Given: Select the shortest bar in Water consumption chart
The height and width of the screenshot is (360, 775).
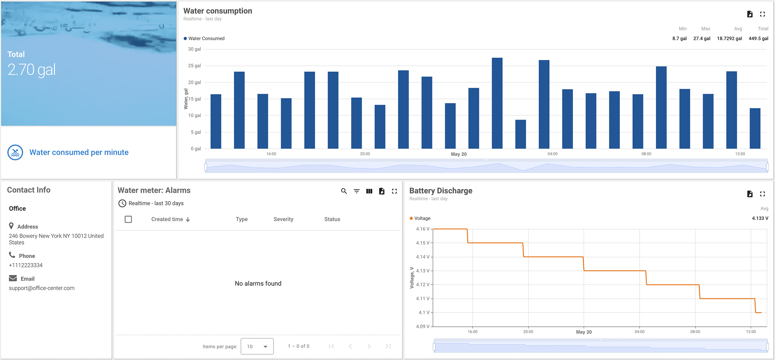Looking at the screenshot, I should click(x=520, y=134).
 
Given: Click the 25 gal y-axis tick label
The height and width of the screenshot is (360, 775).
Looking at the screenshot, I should click(x=195, y=65).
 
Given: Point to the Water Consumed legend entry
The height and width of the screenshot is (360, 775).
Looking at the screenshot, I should click(x=206, y=39).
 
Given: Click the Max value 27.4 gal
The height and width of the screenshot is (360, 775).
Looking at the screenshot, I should click(x=702, y=39).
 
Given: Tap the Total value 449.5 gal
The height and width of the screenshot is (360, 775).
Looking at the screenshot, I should click(x=758, y=39).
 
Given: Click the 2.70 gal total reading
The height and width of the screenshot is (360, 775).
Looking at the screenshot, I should click(x=32, y=70).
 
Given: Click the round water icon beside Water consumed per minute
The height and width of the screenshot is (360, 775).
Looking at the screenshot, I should click(x=15, y=153).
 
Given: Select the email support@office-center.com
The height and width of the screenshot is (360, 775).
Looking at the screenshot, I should click(x=42, y=288).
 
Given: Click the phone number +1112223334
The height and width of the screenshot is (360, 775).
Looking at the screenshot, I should click(x=26, y=265).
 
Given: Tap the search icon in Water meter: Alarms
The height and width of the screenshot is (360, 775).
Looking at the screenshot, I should click(x=344, y=191).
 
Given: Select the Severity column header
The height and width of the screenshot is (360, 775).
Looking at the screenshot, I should click(x=283, y=219).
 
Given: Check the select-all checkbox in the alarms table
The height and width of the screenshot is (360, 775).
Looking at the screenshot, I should click(x=128, y=219).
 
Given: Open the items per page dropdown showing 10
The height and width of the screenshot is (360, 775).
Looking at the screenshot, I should click(x=257, y=346).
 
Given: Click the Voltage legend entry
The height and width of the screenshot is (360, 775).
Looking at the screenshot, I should click(x=422, y=218).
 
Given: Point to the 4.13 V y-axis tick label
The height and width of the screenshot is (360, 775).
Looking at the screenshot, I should click(x=423, y=271).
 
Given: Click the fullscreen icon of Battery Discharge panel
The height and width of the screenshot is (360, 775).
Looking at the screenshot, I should click(x=763, y=194).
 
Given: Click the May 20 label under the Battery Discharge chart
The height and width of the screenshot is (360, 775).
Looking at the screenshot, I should click(x=583, y=332).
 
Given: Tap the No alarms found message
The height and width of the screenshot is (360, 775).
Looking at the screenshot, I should click(x=258, y=284).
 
